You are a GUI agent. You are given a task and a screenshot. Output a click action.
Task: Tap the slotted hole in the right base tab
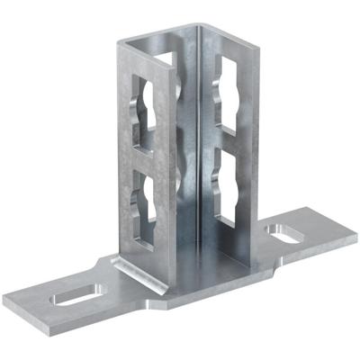[287, 236]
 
